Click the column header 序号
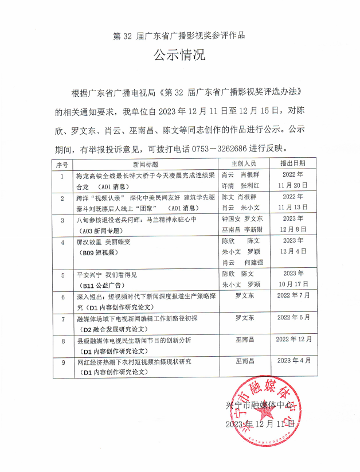point(61,164)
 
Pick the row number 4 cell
point(61,243)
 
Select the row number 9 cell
point(61,362)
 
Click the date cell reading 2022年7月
point(293,295)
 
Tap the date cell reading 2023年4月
point(293,361)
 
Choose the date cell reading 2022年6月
point(293,317)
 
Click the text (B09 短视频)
point(100,252)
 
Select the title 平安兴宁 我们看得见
point(107,275)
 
